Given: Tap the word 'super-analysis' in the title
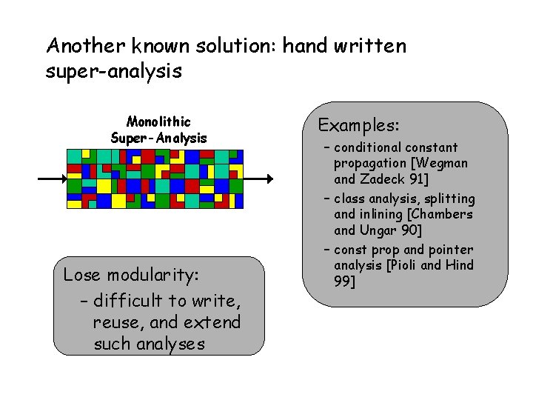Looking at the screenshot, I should [x=114, y=72].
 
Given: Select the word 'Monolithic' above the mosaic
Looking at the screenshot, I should [x=158, y=121].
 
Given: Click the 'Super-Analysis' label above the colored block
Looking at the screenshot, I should [x=158, y=138].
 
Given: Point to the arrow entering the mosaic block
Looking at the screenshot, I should [x=52, y=179].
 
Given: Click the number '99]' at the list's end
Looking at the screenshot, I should [x=345, y=281].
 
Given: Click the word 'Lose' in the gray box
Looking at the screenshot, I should [x=81, y=276].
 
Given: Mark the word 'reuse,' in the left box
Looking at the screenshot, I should [x=117, y=322].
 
